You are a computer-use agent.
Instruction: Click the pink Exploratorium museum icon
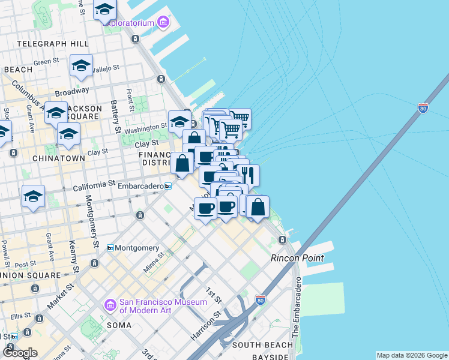pyautogui.click(x=163, y=22)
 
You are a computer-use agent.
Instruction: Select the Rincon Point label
pyautogui.click(x=297, y=258)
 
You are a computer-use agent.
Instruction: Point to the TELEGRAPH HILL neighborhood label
pyautogui.click(x=53, y=44)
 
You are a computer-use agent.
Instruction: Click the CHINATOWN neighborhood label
pyautogui.click(x=41, y=158)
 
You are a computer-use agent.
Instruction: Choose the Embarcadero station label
pyautogui.click(x=141, y=186)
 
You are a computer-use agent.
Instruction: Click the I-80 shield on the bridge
pyautogui.click(x=423, y=108)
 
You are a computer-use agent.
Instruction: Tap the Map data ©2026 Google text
pyautogui.click(x=411, y=355)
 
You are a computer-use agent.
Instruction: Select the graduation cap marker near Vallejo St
pyautogui.click(x=81, y=66)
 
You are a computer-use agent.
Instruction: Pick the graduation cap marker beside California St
pyautogui.click(x=34, y=196)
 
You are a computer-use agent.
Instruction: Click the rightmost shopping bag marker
pyautogui.click(x=258, y=207)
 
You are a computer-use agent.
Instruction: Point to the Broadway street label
pyautogui.click(x=71, y=92)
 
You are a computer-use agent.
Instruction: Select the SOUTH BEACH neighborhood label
pyautogui.click(x=262, y=345)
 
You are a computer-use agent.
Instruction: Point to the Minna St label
pyautogui.click(x=155, y=263)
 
